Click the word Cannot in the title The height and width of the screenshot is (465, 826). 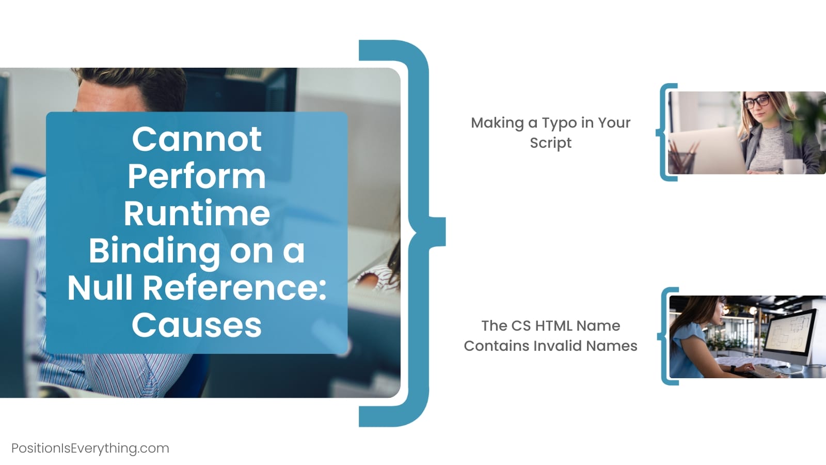197,139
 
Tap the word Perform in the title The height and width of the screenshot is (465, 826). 197,176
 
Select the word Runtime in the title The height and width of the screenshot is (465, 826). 197,213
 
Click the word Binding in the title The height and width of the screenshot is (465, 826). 154,251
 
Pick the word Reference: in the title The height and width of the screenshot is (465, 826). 234,288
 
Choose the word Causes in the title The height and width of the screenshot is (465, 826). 197,325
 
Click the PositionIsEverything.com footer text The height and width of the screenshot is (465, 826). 90,448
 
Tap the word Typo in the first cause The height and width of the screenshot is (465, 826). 559,123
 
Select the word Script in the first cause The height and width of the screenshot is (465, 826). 550,143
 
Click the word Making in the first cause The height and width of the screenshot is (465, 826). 497,123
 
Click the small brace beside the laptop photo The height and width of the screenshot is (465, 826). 666,132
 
